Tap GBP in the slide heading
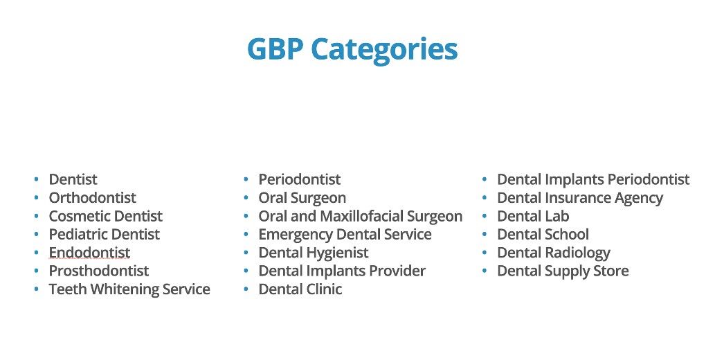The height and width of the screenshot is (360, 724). [x=275, y=48]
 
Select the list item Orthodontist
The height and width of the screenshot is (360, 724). [x=92, y=197]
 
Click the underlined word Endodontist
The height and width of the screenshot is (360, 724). [x=89, y=253]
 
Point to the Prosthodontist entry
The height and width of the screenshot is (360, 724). [x=99, y=271]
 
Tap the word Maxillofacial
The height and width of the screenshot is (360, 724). [x=361, y=216]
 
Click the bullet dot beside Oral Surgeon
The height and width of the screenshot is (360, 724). [x=246, y=197]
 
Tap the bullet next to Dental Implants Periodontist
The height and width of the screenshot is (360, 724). [x=485, y=179]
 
